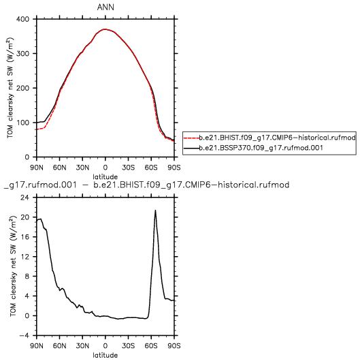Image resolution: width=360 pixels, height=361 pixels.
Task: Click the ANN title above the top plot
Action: [105, 7]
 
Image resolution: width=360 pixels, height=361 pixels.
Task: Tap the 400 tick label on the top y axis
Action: [22, 19]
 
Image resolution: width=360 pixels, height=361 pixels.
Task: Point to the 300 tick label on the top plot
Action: [22, 54]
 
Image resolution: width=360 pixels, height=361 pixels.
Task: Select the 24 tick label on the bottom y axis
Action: [25, 198]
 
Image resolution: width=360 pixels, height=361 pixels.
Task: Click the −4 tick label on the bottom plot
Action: [24, 335]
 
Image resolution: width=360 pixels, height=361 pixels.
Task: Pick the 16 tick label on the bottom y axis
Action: [25, 237]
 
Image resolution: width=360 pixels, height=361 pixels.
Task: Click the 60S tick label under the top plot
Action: [151, 168]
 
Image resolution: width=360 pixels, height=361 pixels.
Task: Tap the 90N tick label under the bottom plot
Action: [37, 346]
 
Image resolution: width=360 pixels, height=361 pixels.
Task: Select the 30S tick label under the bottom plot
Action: [128, 346]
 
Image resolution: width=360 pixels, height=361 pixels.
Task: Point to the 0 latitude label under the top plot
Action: [105, 168]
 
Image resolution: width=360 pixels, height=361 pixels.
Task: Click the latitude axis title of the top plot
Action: [105, 177]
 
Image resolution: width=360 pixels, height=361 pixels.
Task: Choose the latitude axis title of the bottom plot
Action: [105, 356]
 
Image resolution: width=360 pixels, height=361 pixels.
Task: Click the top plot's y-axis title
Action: [10, 88]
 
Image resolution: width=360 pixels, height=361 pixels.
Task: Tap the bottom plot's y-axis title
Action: [13, 266]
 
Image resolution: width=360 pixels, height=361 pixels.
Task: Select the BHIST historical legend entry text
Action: [278, 138]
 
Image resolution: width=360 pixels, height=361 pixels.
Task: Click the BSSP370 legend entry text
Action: [261, 148]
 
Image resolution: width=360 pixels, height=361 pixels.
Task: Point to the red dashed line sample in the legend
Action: [192, 138]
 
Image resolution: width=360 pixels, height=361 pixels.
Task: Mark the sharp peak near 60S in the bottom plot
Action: [156, 210]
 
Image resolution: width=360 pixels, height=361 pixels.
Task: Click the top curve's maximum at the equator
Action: [105, 29]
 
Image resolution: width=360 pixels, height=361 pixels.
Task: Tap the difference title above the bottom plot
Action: [146, 185]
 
